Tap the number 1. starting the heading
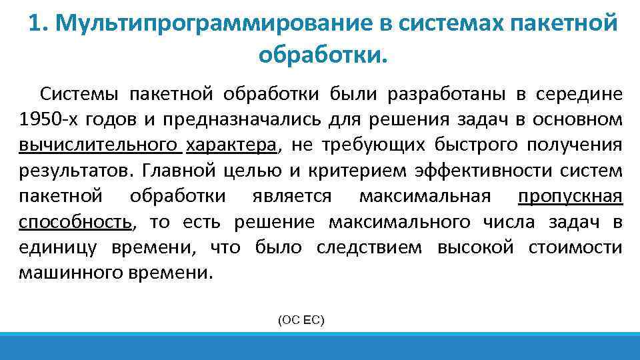click(38, 25)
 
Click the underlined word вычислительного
click(99, 145)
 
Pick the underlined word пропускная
click(570, 197)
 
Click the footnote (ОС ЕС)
click(301, 321)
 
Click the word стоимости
click(575, 248)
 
